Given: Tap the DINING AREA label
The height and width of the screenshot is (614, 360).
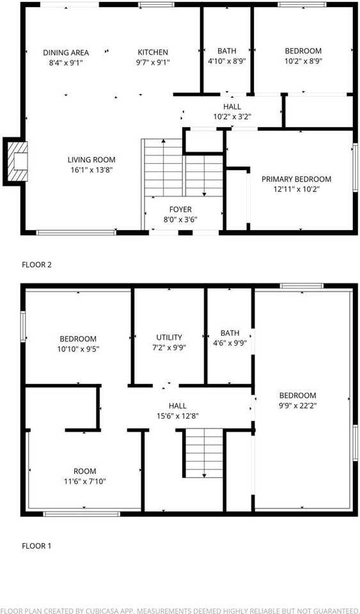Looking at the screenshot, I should click(x=66, y=52).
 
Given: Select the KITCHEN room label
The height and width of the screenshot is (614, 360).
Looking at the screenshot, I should click(x=153, y=52).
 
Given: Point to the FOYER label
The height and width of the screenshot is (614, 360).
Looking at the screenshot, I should click(x=180, y=210).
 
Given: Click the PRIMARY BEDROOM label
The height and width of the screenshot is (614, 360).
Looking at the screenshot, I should click(x=296, y=179).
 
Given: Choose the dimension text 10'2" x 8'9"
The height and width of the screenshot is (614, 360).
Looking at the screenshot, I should click(x=303, y=62).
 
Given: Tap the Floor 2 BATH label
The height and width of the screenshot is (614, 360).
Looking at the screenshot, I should click(x=226, y=51).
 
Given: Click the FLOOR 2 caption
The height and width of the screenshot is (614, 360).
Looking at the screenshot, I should click(x=36, y=264).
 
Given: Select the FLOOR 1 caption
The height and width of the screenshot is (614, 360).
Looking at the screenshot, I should click(x=36, y=546).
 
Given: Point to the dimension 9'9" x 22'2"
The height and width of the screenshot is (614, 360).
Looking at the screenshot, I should click(x=297, y=405).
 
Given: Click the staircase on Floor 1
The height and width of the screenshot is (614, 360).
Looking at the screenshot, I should click(x=203, y=452).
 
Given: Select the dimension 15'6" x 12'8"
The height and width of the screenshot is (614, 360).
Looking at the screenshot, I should click(x=177, y=416).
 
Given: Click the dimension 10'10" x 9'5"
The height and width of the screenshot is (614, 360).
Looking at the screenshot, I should click(x=78, y=349).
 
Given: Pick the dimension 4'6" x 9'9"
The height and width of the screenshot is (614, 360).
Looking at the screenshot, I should click(x=230, y=343).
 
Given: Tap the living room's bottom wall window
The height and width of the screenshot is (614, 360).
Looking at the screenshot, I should click(x=76, y=232).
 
